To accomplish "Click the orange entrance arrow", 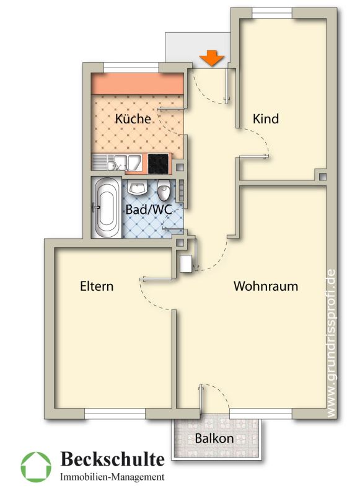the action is [212, 58].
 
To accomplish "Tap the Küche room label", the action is [133, 118].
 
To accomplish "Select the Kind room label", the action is [266, 119].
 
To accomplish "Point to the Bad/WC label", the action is [149, 210].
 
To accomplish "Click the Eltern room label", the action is [97, 286].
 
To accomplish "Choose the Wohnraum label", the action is [266, 286].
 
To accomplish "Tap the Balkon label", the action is [214, 438].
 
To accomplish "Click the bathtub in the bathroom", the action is [107, 208].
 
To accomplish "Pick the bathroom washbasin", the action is [137, 188].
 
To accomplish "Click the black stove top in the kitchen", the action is [158, 164].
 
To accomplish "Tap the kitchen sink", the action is [121, 162].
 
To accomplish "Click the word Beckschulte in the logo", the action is [113, 459].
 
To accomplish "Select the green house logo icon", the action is [36, 467].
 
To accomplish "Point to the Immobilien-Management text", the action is [112, 477].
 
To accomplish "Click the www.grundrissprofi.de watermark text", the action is [331, 343].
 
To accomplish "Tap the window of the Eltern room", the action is [115, 413].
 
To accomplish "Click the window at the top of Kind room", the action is [272, 13].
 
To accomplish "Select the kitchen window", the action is [131, 68].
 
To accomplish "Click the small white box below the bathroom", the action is [185, 263].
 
